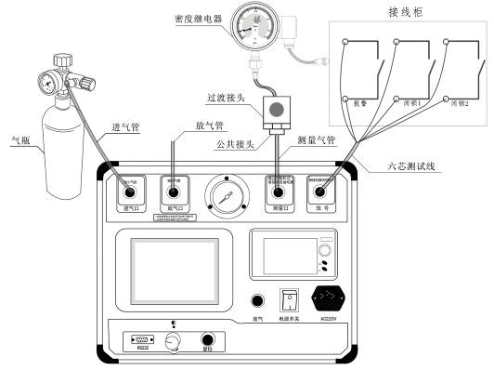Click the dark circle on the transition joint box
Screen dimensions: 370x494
[x=274, y=109]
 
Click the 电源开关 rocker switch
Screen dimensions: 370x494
[x=290, y=300]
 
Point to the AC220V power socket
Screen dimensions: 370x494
[x=331, y=299]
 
